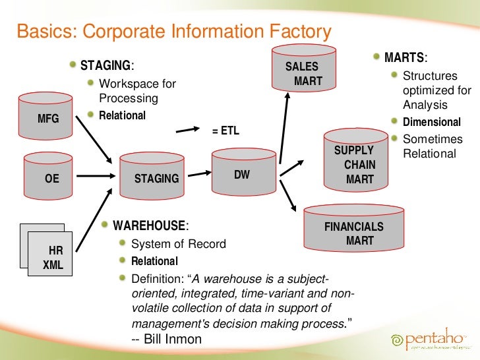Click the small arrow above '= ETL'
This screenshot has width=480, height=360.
pyautogui.click(x=191, y=127)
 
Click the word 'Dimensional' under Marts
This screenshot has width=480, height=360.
pyautogui.click(x=432, y=122)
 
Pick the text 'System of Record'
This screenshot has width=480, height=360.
pyautogui.click(x=178, y=244)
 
